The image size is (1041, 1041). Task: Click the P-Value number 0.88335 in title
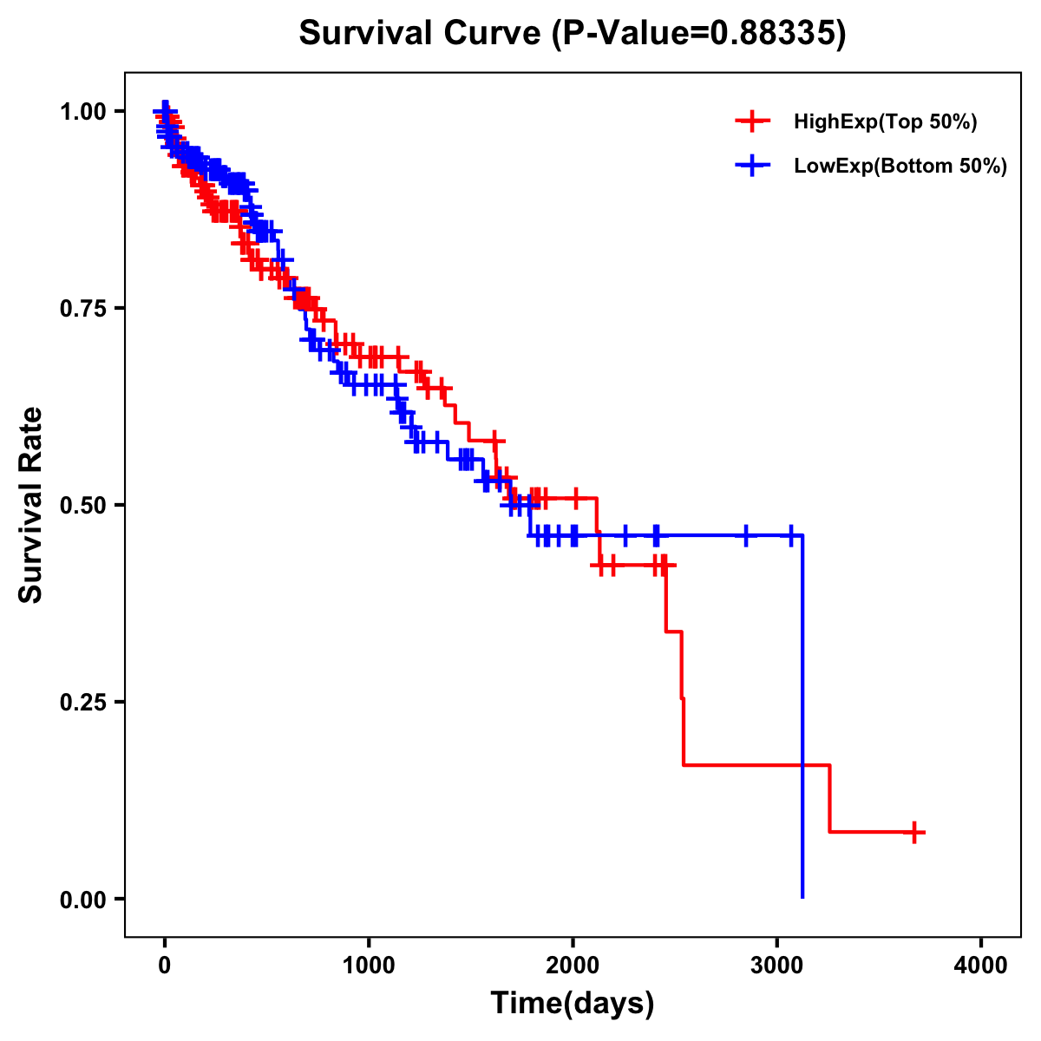pyautogui.click(x=774, y=33)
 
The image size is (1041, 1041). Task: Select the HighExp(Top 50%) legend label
pyautogui.click(x=885, y=122)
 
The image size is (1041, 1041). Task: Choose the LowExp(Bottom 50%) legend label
pyautogui.click(x=900, y=166)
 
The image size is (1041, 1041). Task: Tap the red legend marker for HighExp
pyautogui.click(x=752, y=121)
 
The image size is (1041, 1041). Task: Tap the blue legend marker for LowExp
pyautogui.click(x=752, y=165)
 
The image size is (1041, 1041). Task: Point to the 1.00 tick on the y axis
pyautogui.click(x=82, y=111)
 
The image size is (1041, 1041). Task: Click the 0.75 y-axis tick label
pyautogui.click(x=82, y=308)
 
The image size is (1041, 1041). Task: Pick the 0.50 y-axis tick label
pyautogui.click(x=82, y=505)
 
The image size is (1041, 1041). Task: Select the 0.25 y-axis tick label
pyautogui.click(x=82, y=702)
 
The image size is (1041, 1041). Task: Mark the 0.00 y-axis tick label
pyautogui.click(x=82, y=899)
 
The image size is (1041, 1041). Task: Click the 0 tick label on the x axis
pyautogui.click(x=165, y=966)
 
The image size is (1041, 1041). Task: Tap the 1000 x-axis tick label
pyautogui.click(x=369, y=966)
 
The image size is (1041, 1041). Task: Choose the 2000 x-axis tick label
pyautogui.click(x=573, y=966)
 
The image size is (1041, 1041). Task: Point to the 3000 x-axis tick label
pyautogui.click(x=777, y=966)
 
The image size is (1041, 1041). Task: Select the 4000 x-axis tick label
pyautogui.click(x=981, y=966)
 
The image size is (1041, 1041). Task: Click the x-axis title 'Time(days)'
pyautogui.click(x=573, y=1004)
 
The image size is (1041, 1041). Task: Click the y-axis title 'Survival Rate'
pyautogui.click(x=31, y=505)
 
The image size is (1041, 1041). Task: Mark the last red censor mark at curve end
pyautogui.click(x=913, y=832)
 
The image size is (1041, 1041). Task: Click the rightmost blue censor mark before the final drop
pyautogui.click(x=790, y=536)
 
